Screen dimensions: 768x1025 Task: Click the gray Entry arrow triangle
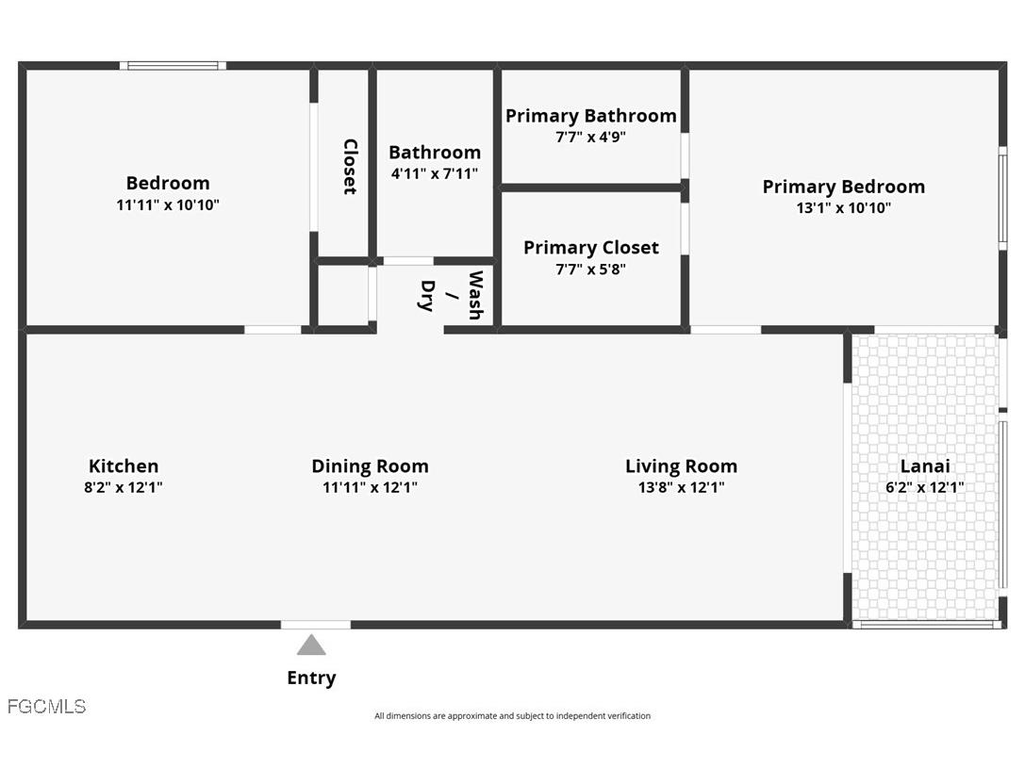coord(311,645)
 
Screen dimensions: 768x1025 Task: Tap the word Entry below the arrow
coord(311,678)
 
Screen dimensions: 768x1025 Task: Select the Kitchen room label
coord(124,466)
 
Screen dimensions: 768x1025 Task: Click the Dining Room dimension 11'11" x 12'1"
coord(370,487)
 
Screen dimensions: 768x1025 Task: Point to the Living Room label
coord(681,466)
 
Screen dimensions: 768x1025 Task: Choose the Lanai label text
coord(925,466)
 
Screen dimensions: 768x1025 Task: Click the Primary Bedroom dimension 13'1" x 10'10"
coord(843,208)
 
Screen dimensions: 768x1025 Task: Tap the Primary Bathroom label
coord(590,115)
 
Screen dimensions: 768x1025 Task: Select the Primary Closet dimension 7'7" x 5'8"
coord(590,269)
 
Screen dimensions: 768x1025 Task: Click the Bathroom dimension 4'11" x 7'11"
coord(435,173)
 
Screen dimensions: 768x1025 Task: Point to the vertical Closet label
coord(350,167)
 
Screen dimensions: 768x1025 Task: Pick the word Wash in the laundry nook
coord(474,295)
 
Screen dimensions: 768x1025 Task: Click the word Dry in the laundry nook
coord(426,295)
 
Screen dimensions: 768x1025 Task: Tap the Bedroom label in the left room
coord(168,183)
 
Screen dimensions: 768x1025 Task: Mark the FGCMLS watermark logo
coord(46,706)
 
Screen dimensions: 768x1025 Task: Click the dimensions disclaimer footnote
coord(512,716)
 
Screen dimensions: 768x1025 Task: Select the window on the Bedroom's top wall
coord(174,65)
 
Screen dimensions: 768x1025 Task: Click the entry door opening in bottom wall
coord(316,624)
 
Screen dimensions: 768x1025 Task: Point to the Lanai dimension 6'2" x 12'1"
coord(925,487)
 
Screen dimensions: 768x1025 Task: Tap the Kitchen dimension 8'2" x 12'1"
coord(124,487)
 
